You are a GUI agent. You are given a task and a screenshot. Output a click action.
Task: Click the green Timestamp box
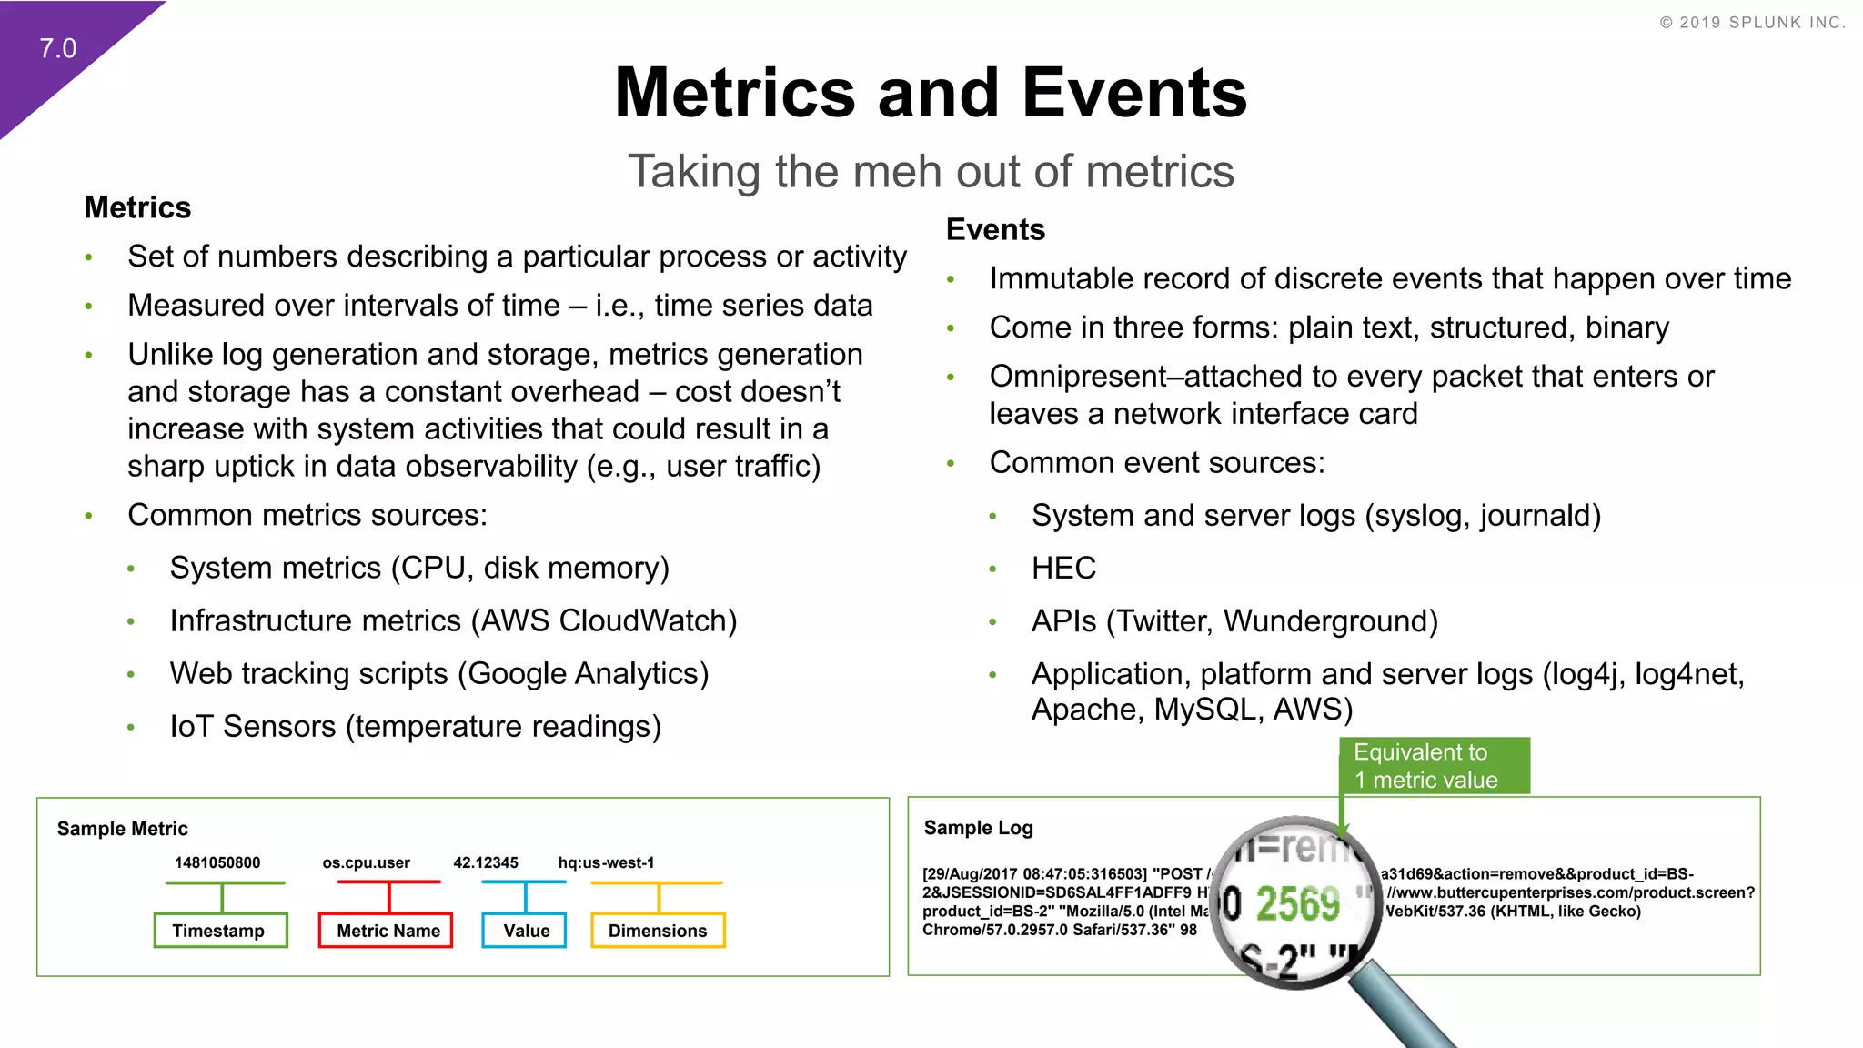(x=220, y=931)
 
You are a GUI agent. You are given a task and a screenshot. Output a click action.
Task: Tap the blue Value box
(x=525, y=931)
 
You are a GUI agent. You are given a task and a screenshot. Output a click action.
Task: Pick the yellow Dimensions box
(x=658, y=931)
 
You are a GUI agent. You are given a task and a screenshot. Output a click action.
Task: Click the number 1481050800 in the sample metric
(x=217, y=862)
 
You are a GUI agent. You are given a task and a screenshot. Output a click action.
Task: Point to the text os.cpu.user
(x=366, y=862)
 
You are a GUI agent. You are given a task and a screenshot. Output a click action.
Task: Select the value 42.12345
(x=486, y=862)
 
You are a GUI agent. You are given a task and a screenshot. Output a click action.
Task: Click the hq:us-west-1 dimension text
(x=606, y=862)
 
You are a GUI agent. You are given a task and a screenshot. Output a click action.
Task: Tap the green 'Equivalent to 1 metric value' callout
(x=1435, y=766)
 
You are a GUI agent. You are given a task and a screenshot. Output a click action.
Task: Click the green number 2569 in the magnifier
(x=1298, y=905)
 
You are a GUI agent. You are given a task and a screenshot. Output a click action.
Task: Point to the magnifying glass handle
(x=1405, y=1010)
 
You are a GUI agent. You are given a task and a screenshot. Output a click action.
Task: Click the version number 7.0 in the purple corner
(x=57, y=48)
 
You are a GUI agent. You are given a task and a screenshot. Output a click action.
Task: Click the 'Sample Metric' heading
(x=123, y=829)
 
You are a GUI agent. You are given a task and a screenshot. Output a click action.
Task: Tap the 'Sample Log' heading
(x=979, y=828)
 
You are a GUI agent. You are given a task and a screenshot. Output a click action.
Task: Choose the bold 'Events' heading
(x=995, y=229)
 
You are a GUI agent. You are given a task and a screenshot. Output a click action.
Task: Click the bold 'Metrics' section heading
(x=137, y=207)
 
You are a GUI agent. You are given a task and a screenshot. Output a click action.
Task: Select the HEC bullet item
(x=1063, y=569)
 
